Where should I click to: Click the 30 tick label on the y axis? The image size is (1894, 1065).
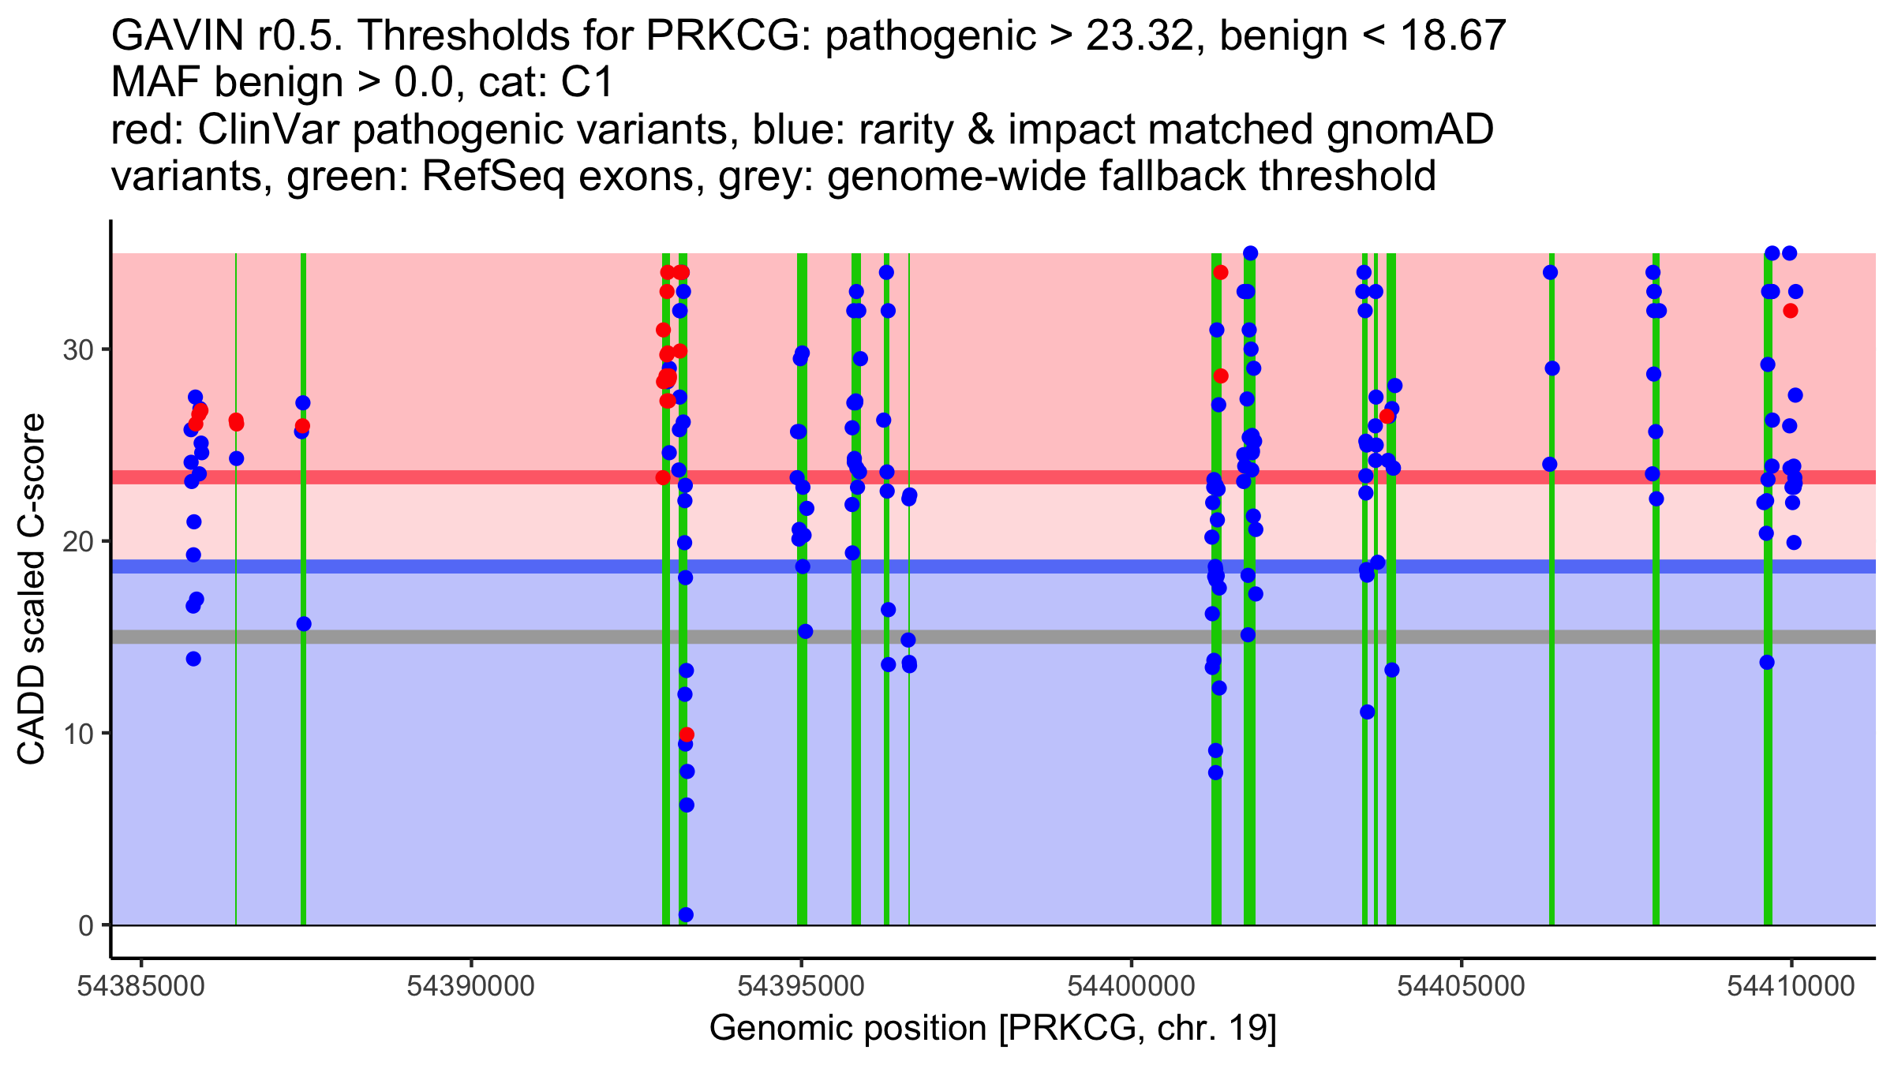tap(78, 349)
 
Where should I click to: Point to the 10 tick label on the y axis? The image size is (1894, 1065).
tap(78, 734)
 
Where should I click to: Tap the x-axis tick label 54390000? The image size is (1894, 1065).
tap(472, 986)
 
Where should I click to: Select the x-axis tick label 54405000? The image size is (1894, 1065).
tap(1462, 986)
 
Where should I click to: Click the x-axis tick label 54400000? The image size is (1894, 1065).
tap(1132, 986)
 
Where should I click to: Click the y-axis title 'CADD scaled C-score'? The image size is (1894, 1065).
tap(32, 589)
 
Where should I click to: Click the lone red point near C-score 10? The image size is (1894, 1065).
tap(687, 734)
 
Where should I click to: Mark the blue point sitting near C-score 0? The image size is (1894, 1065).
tap(686, 914)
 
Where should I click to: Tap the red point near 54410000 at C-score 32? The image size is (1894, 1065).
tap(1791, 311)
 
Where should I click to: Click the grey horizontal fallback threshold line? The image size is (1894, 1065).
tap(994, 637)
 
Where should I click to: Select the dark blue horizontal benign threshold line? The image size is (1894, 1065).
tap(994, 566)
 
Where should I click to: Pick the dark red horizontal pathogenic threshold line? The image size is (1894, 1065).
tap(994, 477)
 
